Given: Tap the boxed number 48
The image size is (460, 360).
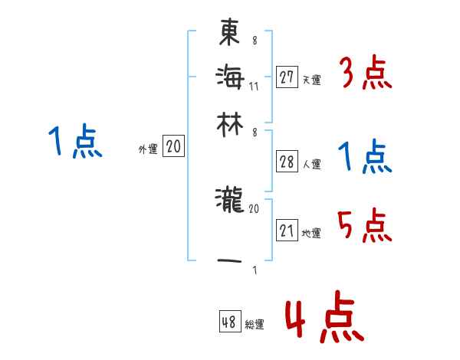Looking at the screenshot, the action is click(229, 322).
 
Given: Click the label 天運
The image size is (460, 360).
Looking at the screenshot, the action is click(311, 80).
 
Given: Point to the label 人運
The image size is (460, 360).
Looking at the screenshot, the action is click(311, 164).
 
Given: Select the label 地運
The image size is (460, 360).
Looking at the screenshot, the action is click(311, 234).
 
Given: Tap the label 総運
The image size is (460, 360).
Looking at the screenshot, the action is click(254, 325).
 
